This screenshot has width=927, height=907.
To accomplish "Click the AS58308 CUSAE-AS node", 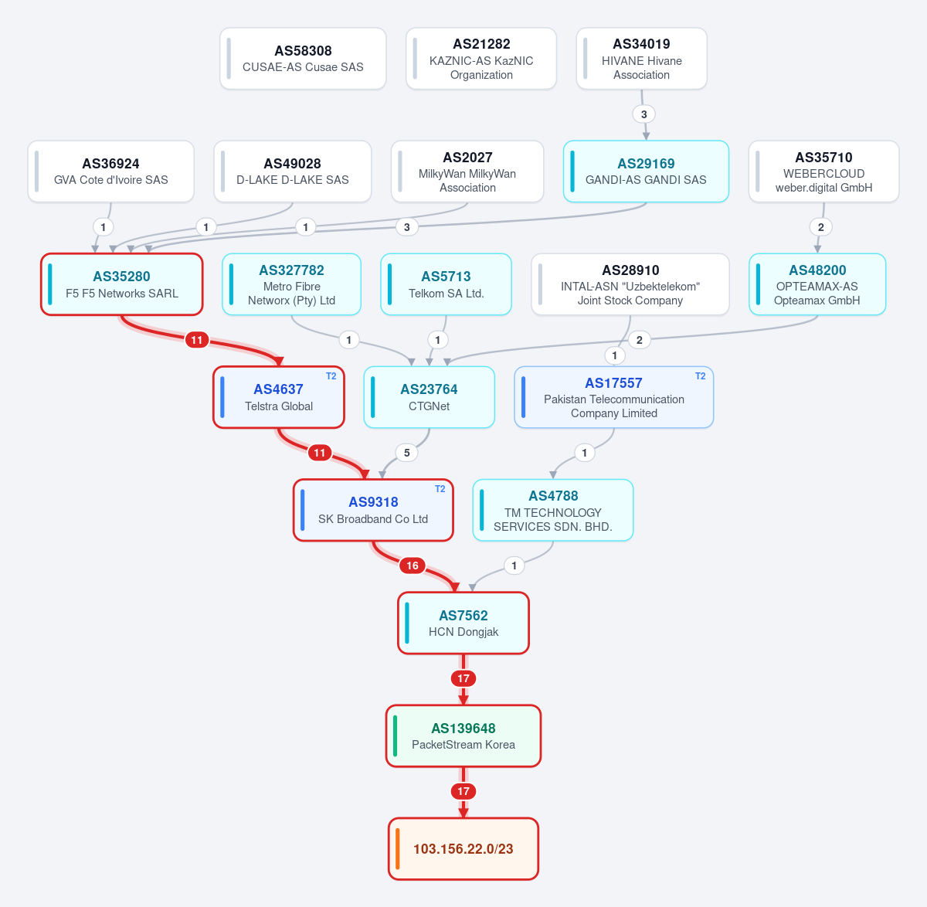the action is (x=303, y=59).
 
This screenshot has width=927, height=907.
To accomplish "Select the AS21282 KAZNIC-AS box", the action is (x=481, y=59).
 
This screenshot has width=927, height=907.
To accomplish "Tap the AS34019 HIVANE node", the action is (x=641, y=59).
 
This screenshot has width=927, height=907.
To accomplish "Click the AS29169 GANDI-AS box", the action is (x=646, y=172).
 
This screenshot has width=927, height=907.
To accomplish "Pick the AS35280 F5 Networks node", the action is (x=122, y=284).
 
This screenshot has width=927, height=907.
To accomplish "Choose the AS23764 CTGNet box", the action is (x=430, y=397).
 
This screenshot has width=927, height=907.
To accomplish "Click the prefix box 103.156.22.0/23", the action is (x=463, y=849).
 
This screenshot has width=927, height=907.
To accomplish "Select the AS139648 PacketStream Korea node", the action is (x=463, y=736).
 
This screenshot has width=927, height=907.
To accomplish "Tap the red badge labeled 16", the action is (x=413, y=566).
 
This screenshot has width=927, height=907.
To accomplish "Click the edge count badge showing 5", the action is (x=407, y=453).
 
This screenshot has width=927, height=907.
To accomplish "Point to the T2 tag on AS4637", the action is (x=331, y=375).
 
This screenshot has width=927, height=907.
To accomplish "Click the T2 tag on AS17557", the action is (x=700, y=375).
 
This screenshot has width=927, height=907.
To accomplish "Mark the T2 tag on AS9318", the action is (x=440, y=489).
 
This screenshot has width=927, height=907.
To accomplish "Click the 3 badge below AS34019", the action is (x=644, y=114).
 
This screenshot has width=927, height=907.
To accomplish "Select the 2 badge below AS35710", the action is (x=820, y=227).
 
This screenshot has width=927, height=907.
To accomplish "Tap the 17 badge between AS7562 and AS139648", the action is (x=463, y=678).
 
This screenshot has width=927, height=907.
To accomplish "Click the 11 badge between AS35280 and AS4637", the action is (x=197, y=340).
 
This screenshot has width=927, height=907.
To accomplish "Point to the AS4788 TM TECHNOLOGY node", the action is (x=553, y=510).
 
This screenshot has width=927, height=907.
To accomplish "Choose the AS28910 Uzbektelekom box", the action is (x=630, y=284).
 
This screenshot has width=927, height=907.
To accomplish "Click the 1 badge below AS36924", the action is (x=104, y=227).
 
